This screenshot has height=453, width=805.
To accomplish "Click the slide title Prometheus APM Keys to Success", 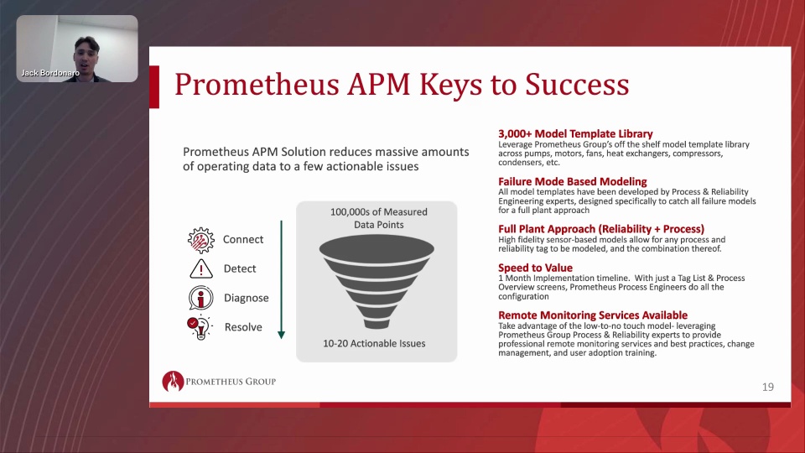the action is coord(402,84).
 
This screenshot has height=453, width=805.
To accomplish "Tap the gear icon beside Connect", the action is coord(200,240).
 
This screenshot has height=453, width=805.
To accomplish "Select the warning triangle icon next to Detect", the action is coord(200,268).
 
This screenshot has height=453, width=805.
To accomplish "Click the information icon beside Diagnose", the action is coord(200,298).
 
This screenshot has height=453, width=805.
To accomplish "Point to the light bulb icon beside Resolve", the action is coord(200,327).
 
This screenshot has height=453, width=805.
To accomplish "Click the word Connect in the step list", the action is coord(243,239).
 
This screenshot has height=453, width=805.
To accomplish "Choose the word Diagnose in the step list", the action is coord(246,298).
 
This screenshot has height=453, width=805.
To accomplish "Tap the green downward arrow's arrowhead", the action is coord(282,335).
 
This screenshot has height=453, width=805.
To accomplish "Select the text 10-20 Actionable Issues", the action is coord(374,344).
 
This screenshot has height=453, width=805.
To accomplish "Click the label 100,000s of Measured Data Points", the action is coord(379,218).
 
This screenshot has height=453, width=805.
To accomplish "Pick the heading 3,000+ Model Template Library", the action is coord(575,134).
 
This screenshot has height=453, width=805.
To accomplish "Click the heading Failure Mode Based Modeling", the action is coord(573,181).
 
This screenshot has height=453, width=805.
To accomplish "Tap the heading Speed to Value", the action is coord(536,268).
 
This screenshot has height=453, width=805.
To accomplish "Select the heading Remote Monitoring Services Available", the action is coord(593,315).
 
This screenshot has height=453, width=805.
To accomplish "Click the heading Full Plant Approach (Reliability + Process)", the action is coord(601,229).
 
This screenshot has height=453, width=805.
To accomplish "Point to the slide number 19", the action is coord(768,388).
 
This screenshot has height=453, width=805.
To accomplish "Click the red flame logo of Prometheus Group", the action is coord(173,381).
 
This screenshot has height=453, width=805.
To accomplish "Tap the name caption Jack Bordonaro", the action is coord(50,73).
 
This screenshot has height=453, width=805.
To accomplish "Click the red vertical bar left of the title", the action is coord(154,86).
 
